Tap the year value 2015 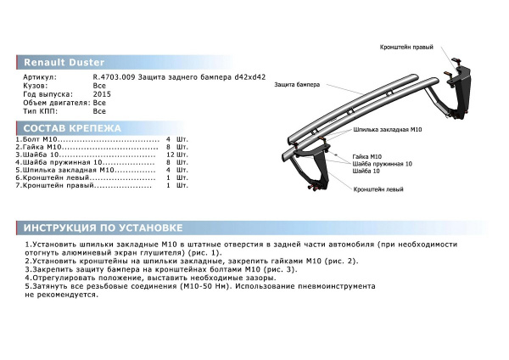click(101, 94)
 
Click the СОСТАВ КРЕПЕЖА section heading click(71, 128)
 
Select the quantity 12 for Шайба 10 click(171, 155)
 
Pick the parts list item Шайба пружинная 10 click(59, 162)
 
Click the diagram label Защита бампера click(297, 86)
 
